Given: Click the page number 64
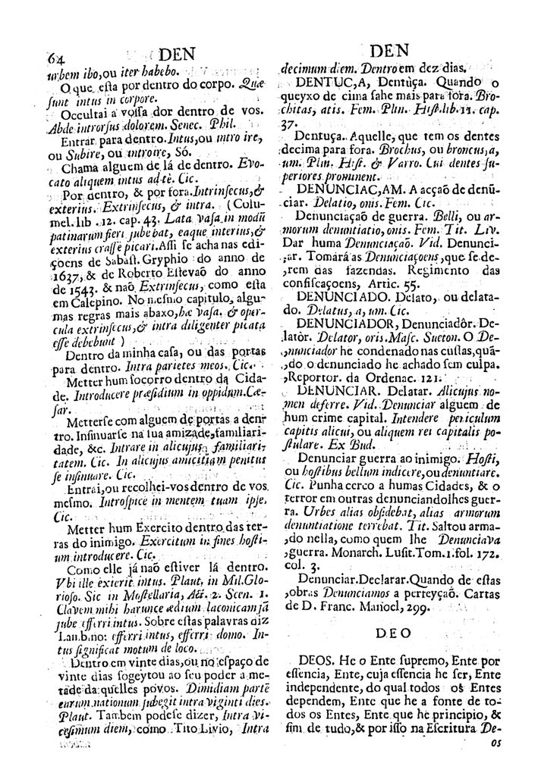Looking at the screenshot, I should pyautogui.click(x=55, y=56).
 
